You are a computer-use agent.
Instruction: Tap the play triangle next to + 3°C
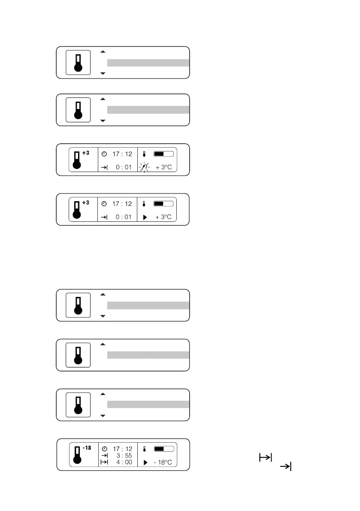(145, 217)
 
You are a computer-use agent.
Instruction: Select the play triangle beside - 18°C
(145, 463)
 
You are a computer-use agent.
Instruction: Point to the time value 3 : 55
(124, 455)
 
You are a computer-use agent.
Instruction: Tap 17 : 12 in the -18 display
(123, 449)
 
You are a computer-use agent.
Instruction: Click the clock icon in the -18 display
(104, 449)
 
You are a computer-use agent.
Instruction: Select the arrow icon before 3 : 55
(104, 455)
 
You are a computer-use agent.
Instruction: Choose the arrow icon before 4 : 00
(104, 462)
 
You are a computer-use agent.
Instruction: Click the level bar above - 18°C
(163, 449)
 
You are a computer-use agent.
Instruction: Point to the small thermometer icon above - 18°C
(145, 449)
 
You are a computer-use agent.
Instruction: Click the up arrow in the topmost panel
(103, 52)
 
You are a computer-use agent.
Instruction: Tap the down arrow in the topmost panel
(103, 74)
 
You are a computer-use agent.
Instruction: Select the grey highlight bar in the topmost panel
(148, 63)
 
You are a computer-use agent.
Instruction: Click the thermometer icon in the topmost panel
(78, 63)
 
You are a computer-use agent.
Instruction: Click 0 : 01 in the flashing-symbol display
(124, 167)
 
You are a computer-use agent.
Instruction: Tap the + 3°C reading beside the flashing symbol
(163, 167)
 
